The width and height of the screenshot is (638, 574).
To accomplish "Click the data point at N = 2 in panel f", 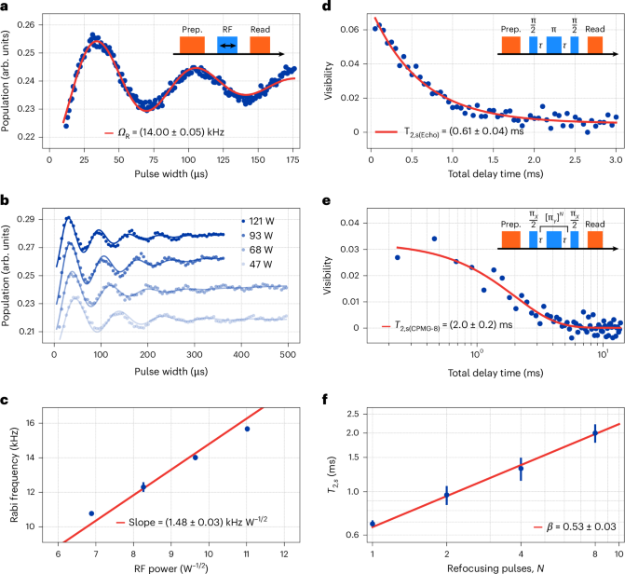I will [x=447, y=496].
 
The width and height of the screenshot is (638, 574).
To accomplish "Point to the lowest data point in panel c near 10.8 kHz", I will [x=90, y=513].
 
